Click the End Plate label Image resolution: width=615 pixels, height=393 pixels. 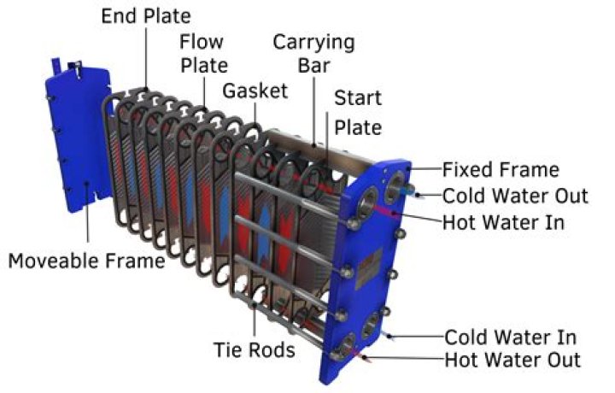(146, 16)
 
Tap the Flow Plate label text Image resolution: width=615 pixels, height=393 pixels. (202, 53)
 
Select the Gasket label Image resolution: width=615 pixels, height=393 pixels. (255, 91)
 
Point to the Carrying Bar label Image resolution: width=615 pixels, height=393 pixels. (313, 53)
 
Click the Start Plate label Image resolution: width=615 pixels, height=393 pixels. (358, 113)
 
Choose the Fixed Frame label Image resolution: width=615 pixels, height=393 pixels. (501, 170)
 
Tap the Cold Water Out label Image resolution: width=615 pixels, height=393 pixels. (515, 196)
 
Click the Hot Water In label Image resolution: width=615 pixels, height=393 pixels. (503, 222)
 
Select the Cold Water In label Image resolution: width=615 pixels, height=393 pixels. (510, 337)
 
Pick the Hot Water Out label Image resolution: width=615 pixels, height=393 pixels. (512, 360)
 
